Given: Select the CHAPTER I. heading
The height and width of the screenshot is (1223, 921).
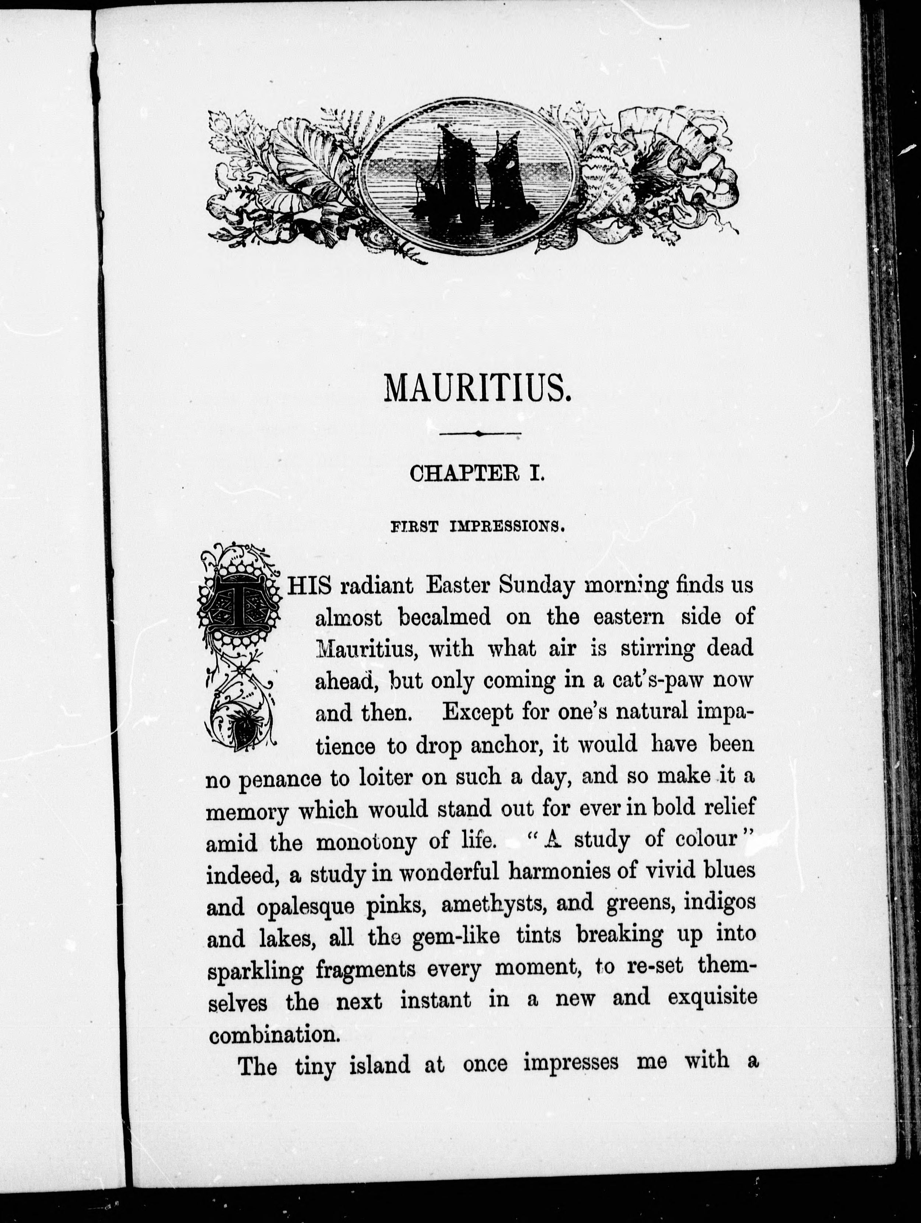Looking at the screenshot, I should click(x=477, y=474).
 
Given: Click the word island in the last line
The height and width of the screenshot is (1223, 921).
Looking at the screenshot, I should click(x=379, y=1065).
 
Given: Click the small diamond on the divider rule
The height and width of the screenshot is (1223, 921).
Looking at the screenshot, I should click(x=479, y=434).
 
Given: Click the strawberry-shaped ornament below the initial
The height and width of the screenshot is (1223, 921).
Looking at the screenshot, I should click(x=242, y=729).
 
